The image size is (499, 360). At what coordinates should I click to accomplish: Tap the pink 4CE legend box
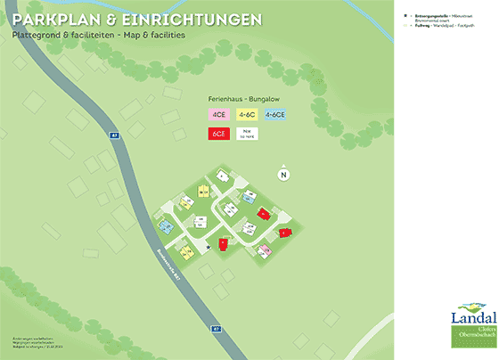219,114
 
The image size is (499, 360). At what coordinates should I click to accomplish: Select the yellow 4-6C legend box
247,114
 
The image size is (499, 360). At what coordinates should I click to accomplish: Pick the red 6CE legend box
219,133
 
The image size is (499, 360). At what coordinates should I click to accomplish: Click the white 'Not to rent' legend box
247,133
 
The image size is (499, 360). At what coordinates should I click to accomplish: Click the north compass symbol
284,174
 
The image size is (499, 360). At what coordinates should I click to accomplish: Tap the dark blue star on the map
209,246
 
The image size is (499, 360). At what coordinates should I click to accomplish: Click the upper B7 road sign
114,135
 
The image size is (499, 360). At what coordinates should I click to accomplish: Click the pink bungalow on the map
264,251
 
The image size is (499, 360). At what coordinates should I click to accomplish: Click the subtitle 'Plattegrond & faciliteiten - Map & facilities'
99,36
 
